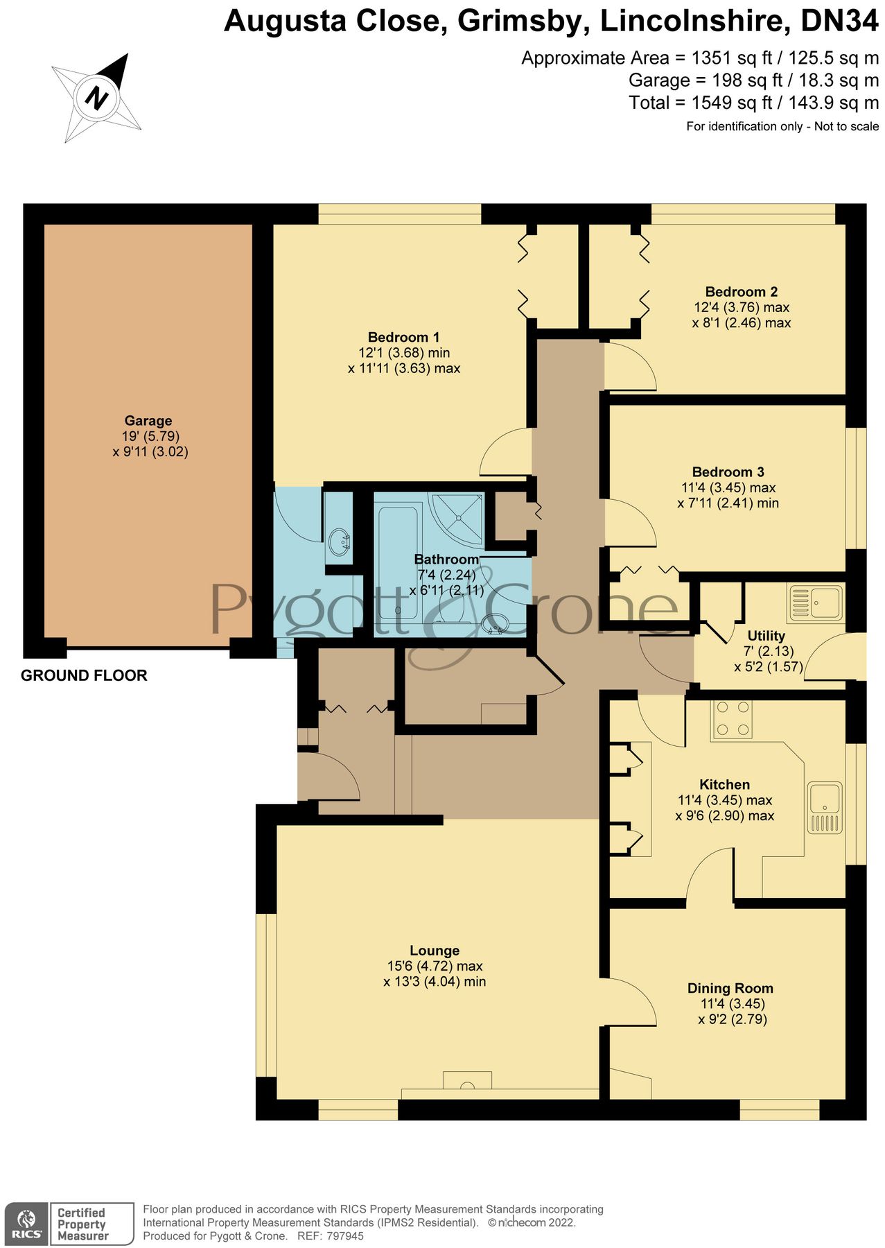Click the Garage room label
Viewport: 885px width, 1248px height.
point(148,420)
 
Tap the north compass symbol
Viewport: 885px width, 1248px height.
point(97,96)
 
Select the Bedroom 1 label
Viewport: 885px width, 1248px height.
point(403,337)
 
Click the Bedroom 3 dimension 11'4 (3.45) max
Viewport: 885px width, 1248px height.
point(728,487)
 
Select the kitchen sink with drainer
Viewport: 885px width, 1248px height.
point(825,808)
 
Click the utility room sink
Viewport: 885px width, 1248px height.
point(816,602)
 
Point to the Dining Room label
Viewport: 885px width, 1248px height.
point(730,988)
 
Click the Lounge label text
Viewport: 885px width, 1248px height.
point(434,951)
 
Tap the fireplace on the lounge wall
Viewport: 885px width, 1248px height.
point(467,1082)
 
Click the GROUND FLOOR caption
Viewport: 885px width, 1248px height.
point(84,675)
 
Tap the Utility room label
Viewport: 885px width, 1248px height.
point(766,635)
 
